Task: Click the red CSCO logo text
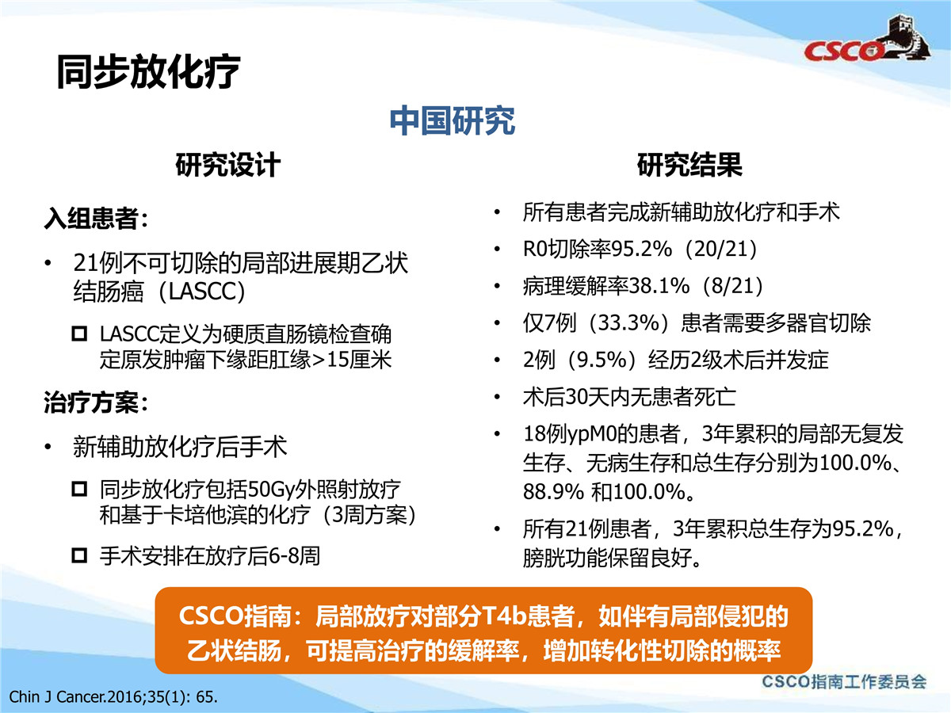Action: point(842,51)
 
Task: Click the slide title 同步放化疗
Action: point(148,71)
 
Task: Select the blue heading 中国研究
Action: point(453,120)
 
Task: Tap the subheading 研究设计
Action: point(228,165)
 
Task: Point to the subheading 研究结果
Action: point(689,165)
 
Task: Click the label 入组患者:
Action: point(96,218)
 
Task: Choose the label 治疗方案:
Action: point(96,402)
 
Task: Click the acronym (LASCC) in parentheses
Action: point(202,292)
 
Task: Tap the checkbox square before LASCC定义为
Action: point(79,334)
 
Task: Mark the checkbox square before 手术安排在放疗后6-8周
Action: point(79,555)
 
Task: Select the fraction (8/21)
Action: point(733,286)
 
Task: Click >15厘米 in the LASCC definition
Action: point(352,360)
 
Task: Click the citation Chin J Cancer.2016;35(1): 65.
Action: point(113,697)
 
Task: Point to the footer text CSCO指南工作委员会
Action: point(844,682)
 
